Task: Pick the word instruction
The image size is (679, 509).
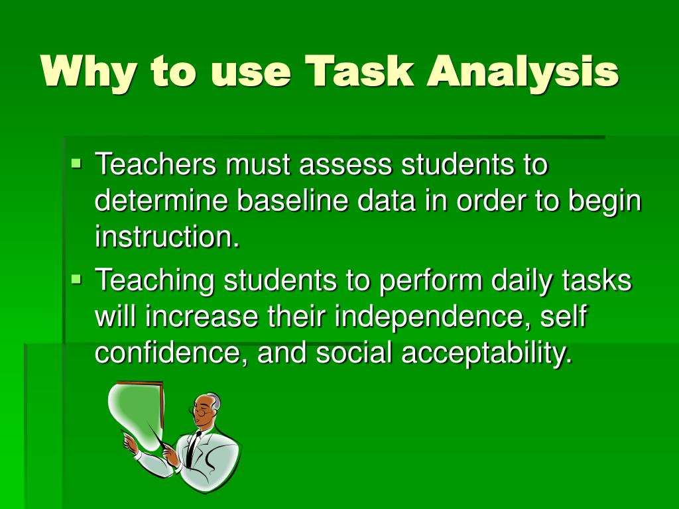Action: [166, 237]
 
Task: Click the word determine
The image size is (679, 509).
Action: [162, 201]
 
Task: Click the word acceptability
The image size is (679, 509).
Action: [486, 354]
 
